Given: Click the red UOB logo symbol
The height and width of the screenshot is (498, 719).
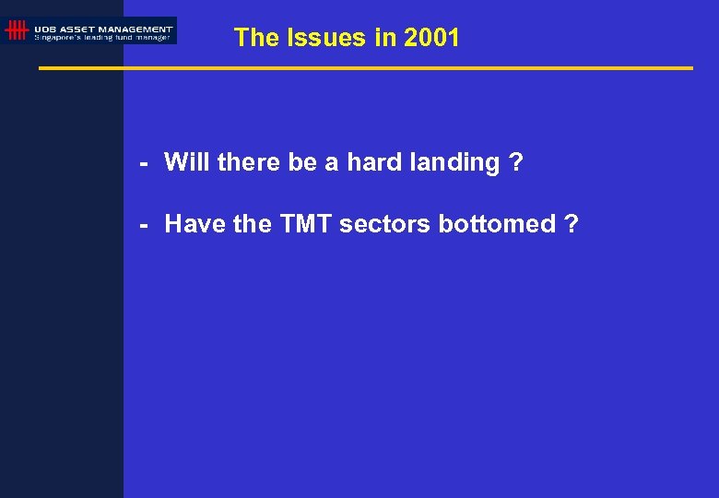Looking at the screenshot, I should [16, 30].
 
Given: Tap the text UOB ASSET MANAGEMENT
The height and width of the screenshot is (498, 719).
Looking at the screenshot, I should [103, 29].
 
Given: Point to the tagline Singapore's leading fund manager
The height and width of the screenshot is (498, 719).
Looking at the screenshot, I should [101, 38].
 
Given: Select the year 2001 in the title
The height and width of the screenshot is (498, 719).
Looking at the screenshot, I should [431, 38].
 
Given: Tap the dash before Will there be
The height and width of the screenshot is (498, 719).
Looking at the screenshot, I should [144, 163].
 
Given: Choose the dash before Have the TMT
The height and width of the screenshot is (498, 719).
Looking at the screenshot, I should [144, 224].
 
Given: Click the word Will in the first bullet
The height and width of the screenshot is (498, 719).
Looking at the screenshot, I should [187, 162].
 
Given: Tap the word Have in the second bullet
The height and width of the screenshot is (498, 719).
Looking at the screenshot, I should [194, 223].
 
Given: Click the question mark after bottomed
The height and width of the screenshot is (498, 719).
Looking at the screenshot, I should [572, 223].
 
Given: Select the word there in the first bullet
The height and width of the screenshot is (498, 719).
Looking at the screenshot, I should [249, 162].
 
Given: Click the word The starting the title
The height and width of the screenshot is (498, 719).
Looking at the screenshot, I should [255, 38].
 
